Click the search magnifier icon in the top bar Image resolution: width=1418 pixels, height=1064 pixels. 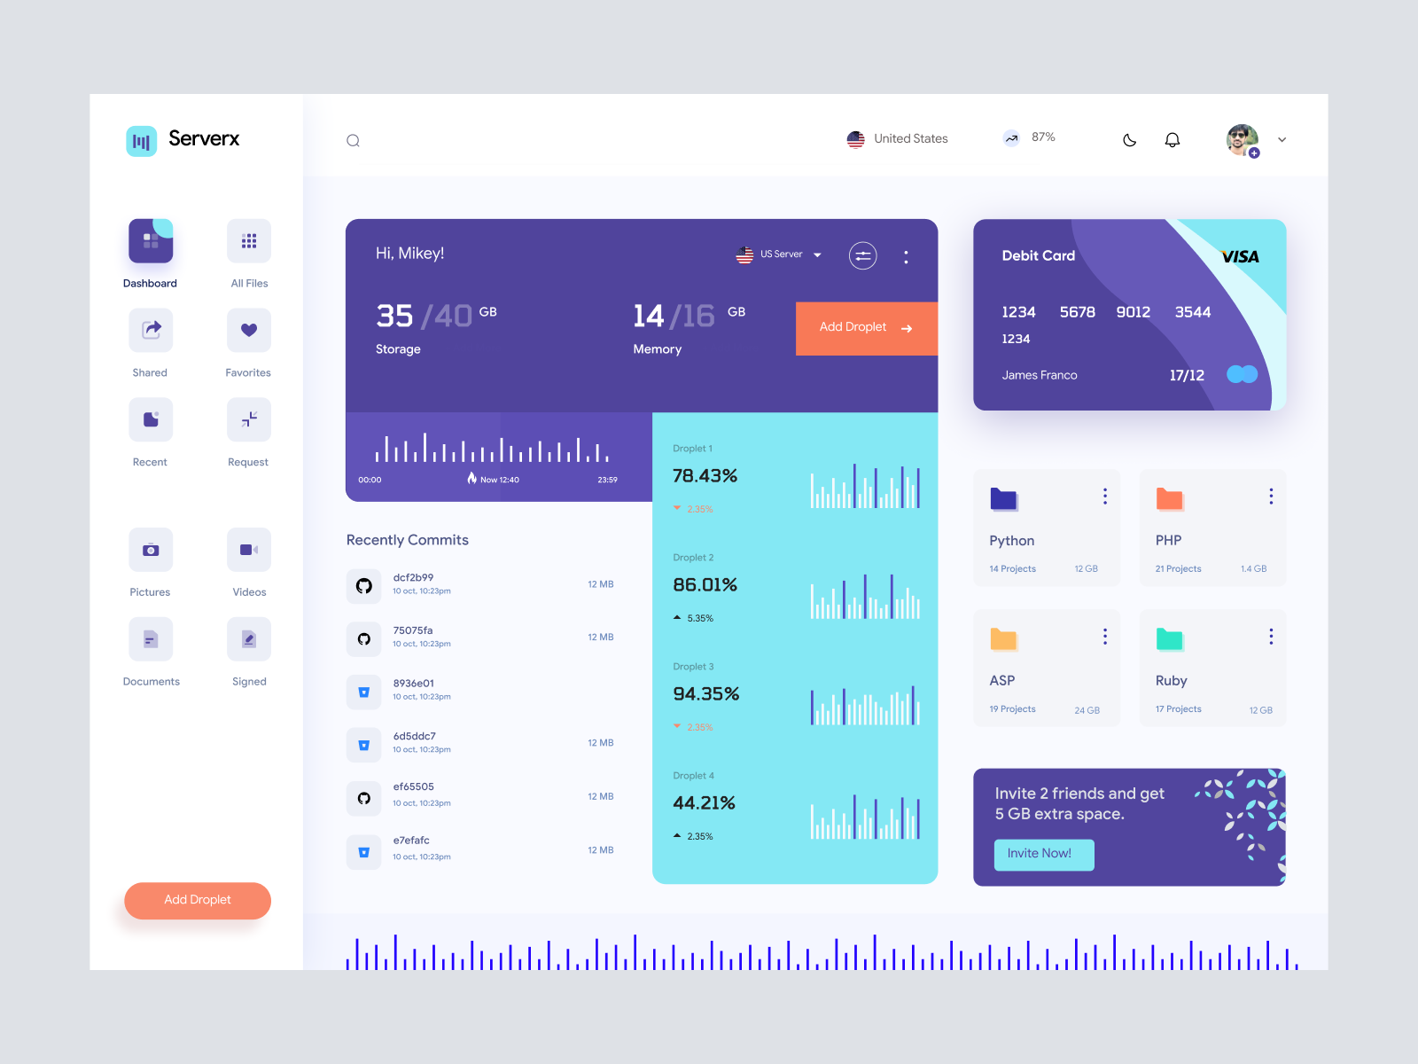click(x=353, y=140)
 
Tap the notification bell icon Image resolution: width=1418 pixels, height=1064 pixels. click(x=1172, y=140)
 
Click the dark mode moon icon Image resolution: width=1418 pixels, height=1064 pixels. click(x=1129, y=140)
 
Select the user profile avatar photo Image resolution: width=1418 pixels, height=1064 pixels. click(x=1242, y=139)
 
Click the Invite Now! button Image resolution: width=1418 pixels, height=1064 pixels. click(x=1043, y=854)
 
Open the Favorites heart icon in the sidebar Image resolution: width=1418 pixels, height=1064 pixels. click(x=249, y=330)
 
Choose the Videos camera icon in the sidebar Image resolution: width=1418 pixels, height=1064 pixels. click(x=249, y=550)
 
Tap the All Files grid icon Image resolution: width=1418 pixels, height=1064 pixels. click(x=249, y=241)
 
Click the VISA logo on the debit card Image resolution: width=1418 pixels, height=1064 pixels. click(x=1240, y=257)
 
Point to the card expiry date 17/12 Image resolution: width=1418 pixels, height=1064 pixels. click(x=1187, y=375)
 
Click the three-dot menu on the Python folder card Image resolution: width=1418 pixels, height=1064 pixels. click(x=1105, y=497)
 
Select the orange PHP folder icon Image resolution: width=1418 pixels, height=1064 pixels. click(x=1169, y=499)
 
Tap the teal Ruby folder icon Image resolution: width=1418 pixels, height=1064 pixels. click(x=1169, y=639)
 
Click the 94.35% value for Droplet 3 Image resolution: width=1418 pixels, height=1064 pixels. click(x=705, y=693)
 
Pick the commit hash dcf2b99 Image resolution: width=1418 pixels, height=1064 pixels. click(x=413, y=577)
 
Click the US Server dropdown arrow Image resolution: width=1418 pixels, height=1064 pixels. click(x=817, y=255)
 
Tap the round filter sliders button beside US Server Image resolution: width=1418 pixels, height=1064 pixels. click(x=862, y=256)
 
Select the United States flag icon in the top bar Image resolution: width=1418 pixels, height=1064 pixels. click(x=855, y=139)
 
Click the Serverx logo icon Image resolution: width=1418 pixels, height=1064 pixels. click(x=142, y=141)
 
